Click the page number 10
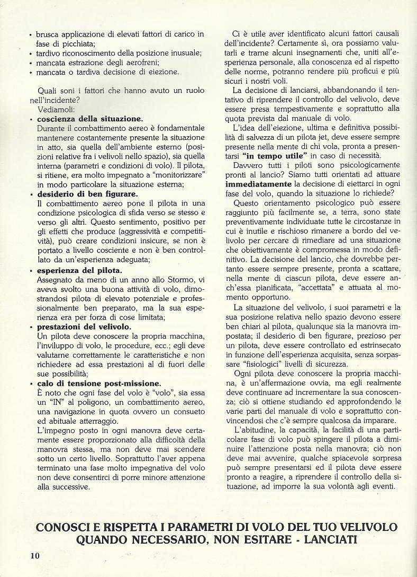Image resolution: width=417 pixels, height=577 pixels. coord(34,555)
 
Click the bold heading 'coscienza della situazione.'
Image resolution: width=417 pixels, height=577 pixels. coord(90,119)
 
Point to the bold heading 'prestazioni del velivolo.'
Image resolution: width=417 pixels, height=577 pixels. coord(85,327)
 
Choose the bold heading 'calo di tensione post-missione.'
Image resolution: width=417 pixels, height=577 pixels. coord(99,384)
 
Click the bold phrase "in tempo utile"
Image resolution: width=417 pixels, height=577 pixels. coord(275,156)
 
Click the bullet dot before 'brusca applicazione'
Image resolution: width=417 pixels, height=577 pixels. coord(31,34)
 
